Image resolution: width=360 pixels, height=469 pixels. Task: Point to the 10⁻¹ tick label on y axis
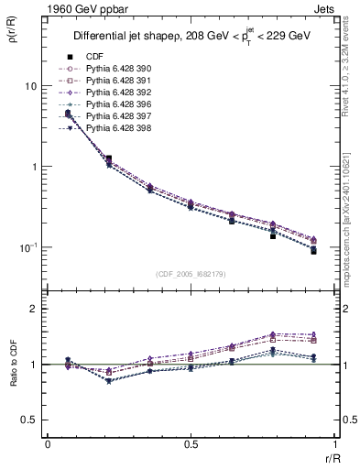(27, 247)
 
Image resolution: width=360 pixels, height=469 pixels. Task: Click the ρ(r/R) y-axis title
(11, 38)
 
